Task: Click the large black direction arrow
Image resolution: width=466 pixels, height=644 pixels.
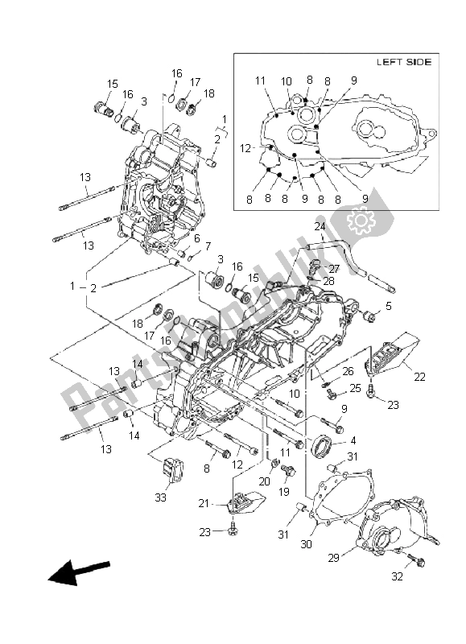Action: [x=78, y=572]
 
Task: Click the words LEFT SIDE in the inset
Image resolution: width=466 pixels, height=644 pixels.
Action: [x=404, y=62]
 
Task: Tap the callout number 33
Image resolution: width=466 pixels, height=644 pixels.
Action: [x=160, y=497]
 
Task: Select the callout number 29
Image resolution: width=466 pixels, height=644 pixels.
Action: [x=333, y=558]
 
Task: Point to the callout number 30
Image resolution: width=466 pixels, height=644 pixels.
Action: [x=307, y=544]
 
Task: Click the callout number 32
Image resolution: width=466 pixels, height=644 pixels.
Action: [x=397, y=576]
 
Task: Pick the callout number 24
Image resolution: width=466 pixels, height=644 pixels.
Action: [x=320, y=226]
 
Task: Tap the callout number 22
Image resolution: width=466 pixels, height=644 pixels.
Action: [x=419, y=376]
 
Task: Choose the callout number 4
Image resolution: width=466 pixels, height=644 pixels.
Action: [x=353, y=440]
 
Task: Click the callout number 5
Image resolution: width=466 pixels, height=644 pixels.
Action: [x=389, y=306]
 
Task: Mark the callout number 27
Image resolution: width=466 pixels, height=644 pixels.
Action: [x=334, y=269]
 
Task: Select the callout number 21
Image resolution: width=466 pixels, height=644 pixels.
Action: [x=204, y=503]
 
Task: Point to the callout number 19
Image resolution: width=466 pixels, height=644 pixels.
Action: [x=284, y=491]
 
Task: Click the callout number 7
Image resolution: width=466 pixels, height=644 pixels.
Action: [x=208, y=246]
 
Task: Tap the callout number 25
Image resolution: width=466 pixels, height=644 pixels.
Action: [x=355, y=387]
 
